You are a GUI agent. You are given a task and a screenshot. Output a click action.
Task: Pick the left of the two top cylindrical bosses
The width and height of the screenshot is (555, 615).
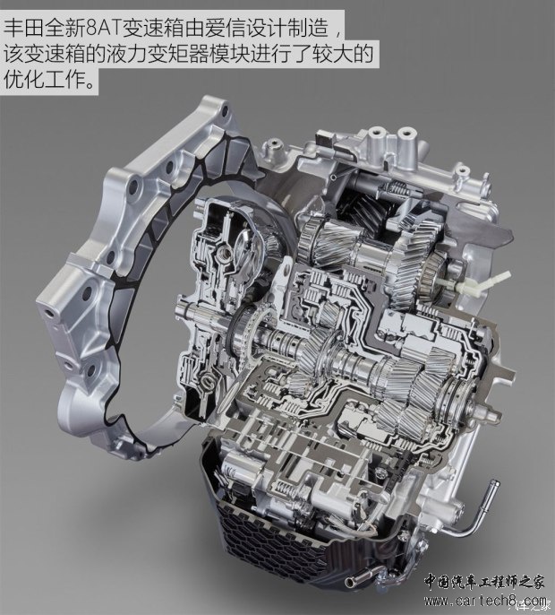click(376, 139)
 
